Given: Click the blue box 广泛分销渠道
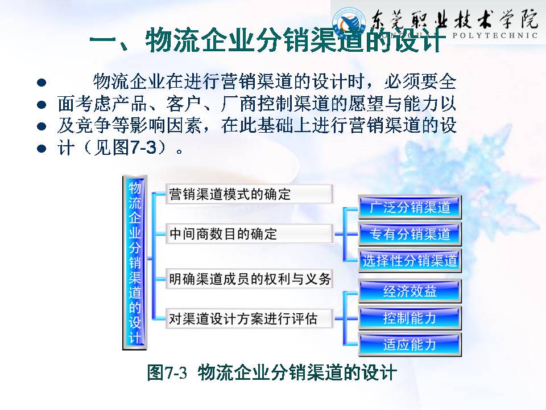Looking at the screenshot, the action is (x=409, y=207).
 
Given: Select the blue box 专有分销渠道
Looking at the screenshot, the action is (x=409, y=234).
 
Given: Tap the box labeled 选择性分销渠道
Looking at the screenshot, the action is (x=409, y=261).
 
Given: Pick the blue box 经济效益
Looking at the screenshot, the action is (x=409, y=292).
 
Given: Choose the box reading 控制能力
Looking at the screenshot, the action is (x=409, y=318).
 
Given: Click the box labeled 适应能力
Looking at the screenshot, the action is (x=409, y=345).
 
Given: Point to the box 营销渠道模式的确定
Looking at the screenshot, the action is (x=249, y=194).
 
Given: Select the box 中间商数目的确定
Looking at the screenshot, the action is (x=249, y=234).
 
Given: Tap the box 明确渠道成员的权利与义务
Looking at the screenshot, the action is (x=249, y=279).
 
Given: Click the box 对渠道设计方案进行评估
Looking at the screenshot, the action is (x=249, y=318).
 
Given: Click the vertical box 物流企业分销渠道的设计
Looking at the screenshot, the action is (x=135, y=262).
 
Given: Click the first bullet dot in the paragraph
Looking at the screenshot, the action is (x=40, y=83).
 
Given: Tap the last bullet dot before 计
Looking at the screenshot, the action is (x=40, y=149).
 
